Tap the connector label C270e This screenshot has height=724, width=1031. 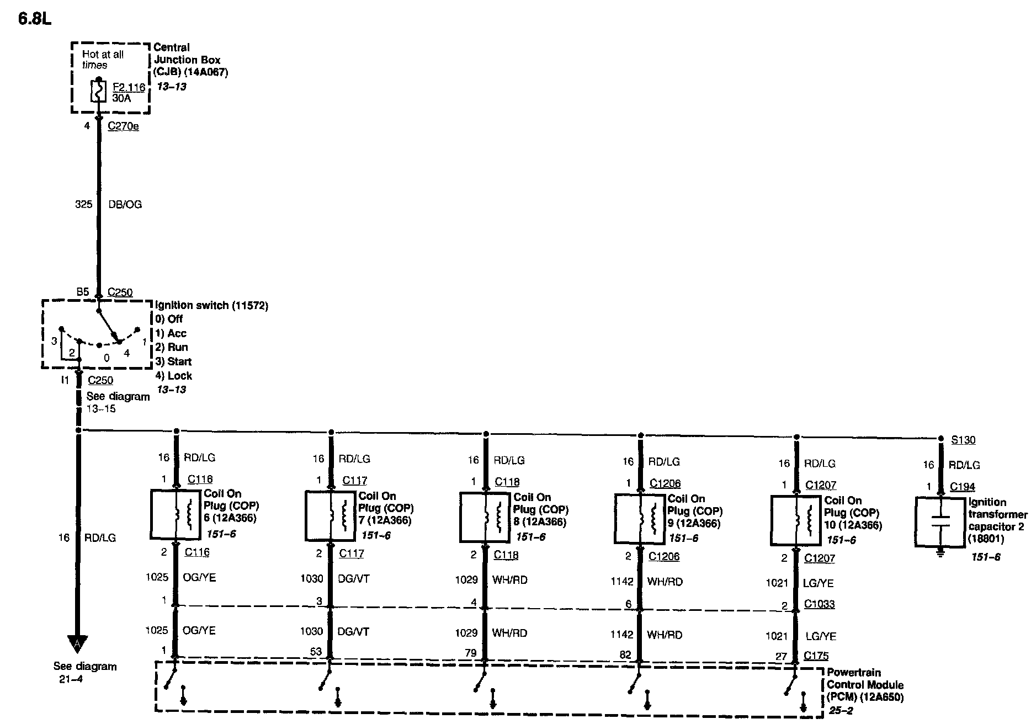pos(123,126)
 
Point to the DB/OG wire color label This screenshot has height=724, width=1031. pos(125,204)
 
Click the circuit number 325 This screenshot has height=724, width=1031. pos(83,204)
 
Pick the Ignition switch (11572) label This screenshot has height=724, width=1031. pos(212,305)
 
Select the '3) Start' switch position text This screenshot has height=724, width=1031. pos(173,361)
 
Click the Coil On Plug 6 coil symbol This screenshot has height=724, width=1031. pos(175,514)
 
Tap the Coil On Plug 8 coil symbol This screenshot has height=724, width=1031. pos(485,517)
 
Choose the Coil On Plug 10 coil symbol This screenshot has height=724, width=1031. pos(795,519)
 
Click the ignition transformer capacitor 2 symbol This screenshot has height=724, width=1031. pos(940,522)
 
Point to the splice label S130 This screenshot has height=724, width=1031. pos(963,440)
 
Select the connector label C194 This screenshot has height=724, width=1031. pos(962,487)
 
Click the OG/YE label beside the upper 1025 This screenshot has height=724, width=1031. pos(199,577)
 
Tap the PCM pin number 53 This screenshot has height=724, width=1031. pos(316,652)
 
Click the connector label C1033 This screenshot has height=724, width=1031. pos(819,604)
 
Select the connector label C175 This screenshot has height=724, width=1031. pos(816,656)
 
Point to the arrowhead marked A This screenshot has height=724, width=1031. pos(77,643)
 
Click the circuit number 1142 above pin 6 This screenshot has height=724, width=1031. pos(621,581)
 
